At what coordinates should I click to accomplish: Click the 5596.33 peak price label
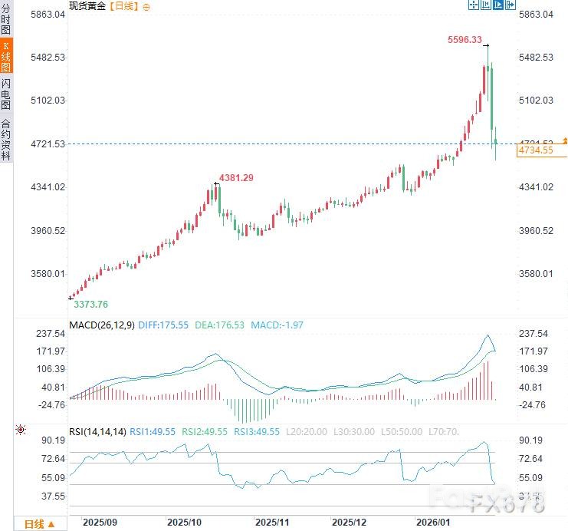[x=465, y=40]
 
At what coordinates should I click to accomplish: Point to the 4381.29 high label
[x=236, y=178]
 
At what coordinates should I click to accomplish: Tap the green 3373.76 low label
[x=90, y=304]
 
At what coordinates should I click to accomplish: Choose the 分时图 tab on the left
[x=6, y=20]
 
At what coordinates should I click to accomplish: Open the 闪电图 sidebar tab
[x=6, y=94]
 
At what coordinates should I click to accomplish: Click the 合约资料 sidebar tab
[x=6, y=139]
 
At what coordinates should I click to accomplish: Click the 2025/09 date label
[x=100, y=522]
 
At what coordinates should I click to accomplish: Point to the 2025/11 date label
[x=272, y=522]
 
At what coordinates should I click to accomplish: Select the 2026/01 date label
[x=432, y=522]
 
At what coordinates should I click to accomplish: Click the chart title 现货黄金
[x=87, y=6]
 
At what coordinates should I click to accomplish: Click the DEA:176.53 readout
[x=219, y=325]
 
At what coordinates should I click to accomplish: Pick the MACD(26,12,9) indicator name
[x=102, y=325]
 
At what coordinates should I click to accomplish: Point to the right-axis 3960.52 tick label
[x=536, y=231]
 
